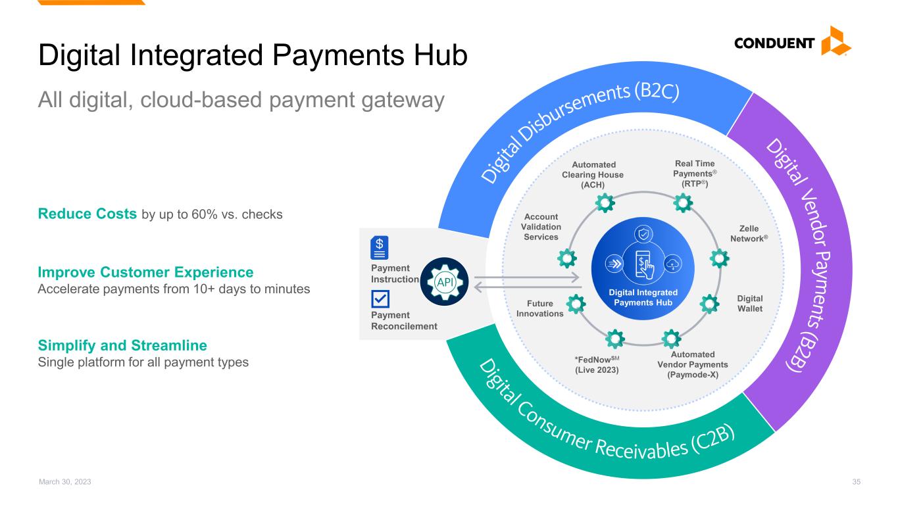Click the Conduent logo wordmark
coord(776,45)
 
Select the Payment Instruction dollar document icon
coord(380,247)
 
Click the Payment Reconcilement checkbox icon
coord(380,300)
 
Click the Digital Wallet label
coord(750,304)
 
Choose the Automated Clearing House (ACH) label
coord(593,174)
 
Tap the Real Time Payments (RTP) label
coord(695,174)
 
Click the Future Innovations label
coord(540,309)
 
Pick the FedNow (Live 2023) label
coord(597,365)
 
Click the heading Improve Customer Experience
coord(145,272)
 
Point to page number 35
coord(856,482)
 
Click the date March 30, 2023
coord(64,482)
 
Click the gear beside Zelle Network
coord(720,258)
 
